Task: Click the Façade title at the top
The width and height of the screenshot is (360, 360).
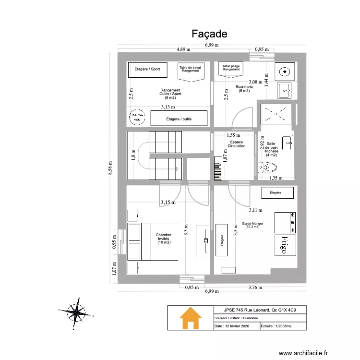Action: pyautogui.click(x=209, y=34)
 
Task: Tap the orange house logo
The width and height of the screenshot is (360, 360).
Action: pyautogui.click(x=191, y=318)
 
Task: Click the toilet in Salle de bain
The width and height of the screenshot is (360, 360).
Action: pyautogui.click(x=267, y=168)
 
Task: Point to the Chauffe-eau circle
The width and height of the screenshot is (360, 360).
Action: pyautogui.click(x=137, y=117)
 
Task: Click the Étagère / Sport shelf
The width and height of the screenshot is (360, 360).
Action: pyautogui.click(x=147, y=69)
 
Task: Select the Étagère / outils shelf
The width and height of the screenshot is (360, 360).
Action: pyautogui.click(x=179, y=118)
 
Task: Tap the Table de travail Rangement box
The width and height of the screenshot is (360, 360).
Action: pyautogui.click(x=191, y=70)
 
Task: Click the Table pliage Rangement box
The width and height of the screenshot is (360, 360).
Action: pyautogui.click(x=231, y=68)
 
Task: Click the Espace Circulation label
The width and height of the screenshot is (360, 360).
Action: pyautogui.click(x=237, y=144)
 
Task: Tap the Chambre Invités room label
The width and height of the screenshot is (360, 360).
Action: pyautogui.click(x=164, y=239)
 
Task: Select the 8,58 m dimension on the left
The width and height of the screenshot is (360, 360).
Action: pyautogui.click(x=110, y=169)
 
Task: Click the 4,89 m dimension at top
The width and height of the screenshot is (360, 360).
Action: pyautogui.click(x=183, y=49)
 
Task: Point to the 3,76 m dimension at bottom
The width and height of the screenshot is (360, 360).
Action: pyautogui.click(x=255, y=288)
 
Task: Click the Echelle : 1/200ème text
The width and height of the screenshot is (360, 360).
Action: pyautogui.click(x=276, y=326)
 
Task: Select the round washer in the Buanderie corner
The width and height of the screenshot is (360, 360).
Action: pyautogui.click(x=285, y=72)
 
